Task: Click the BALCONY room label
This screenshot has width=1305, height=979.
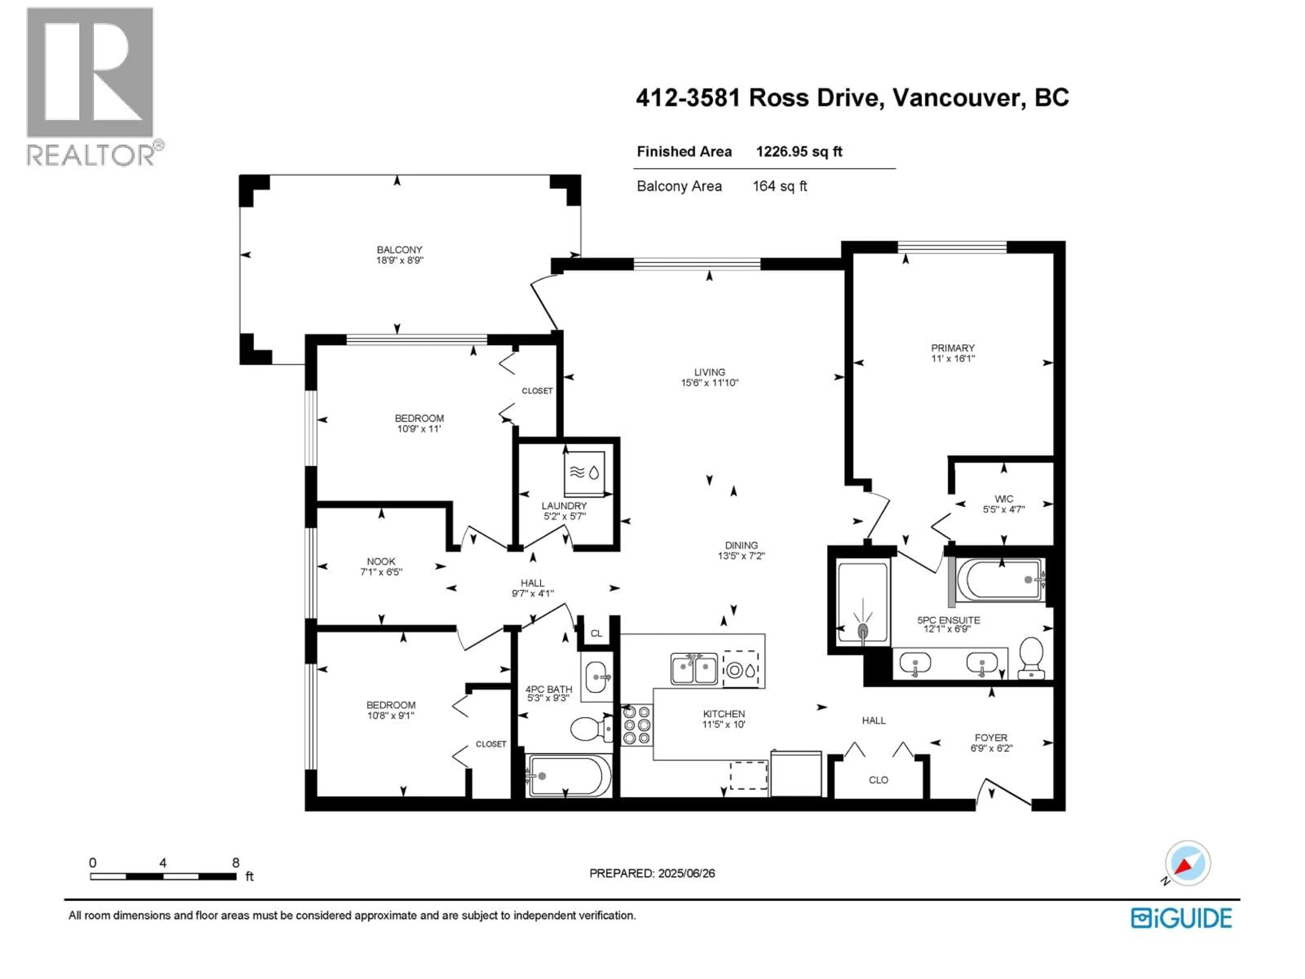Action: pyautogui.click(x=399, y=250)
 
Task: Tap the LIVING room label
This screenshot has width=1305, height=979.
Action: pyautogui.click(x=709, y=372)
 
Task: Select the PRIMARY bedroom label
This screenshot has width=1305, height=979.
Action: pyautogui.click(x=953, y=348)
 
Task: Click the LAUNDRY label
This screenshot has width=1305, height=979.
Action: pyautogui.click(x=564, y=506)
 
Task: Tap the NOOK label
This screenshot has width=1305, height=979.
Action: pyautogui.click(x=381, y=561)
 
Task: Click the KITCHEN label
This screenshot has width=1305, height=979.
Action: pyautogui.click(x=724, y=714)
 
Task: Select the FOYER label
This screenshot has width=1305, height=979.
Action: pyautogui.click(x=991, y=738)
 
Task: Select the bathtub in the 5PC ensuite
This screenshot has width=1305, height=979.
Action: pyautogui.click(x=1000, y=580)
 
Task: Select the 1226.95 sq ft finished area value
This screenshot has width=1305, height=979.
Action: pyautogui.click(x=799, y=152)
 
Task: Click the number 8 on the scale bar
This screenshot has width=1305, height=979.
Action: pyautogui.click(x=236, y=863)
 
